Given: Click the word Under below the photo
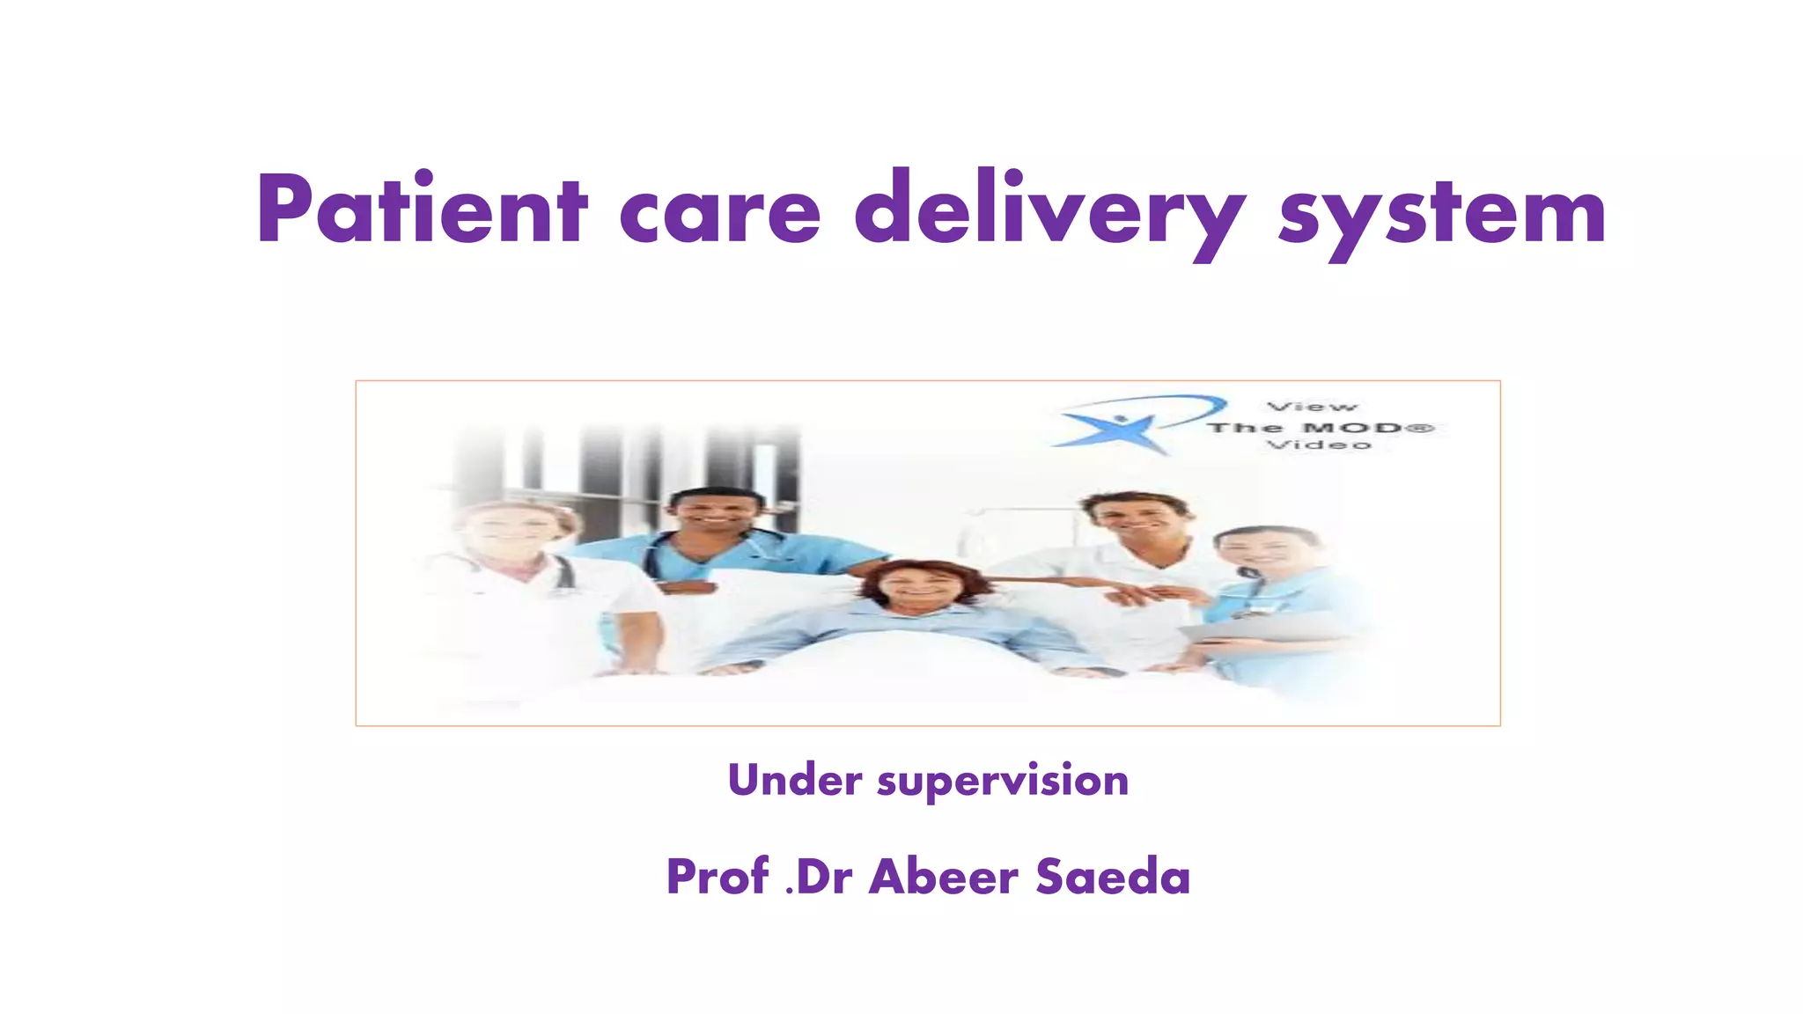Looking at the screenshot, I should [794, 780].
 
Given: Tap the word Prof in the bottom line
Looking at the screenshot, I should [717, 877].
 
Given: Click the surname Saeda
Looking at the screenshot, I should [1113, 877].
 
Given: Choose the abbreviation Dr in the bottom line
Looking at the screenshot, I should [824, 877].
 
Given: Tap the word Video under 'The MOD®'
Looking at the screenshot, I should [1318, 445].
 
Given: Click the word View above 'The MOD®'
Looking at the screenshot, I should [1312, 407].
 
